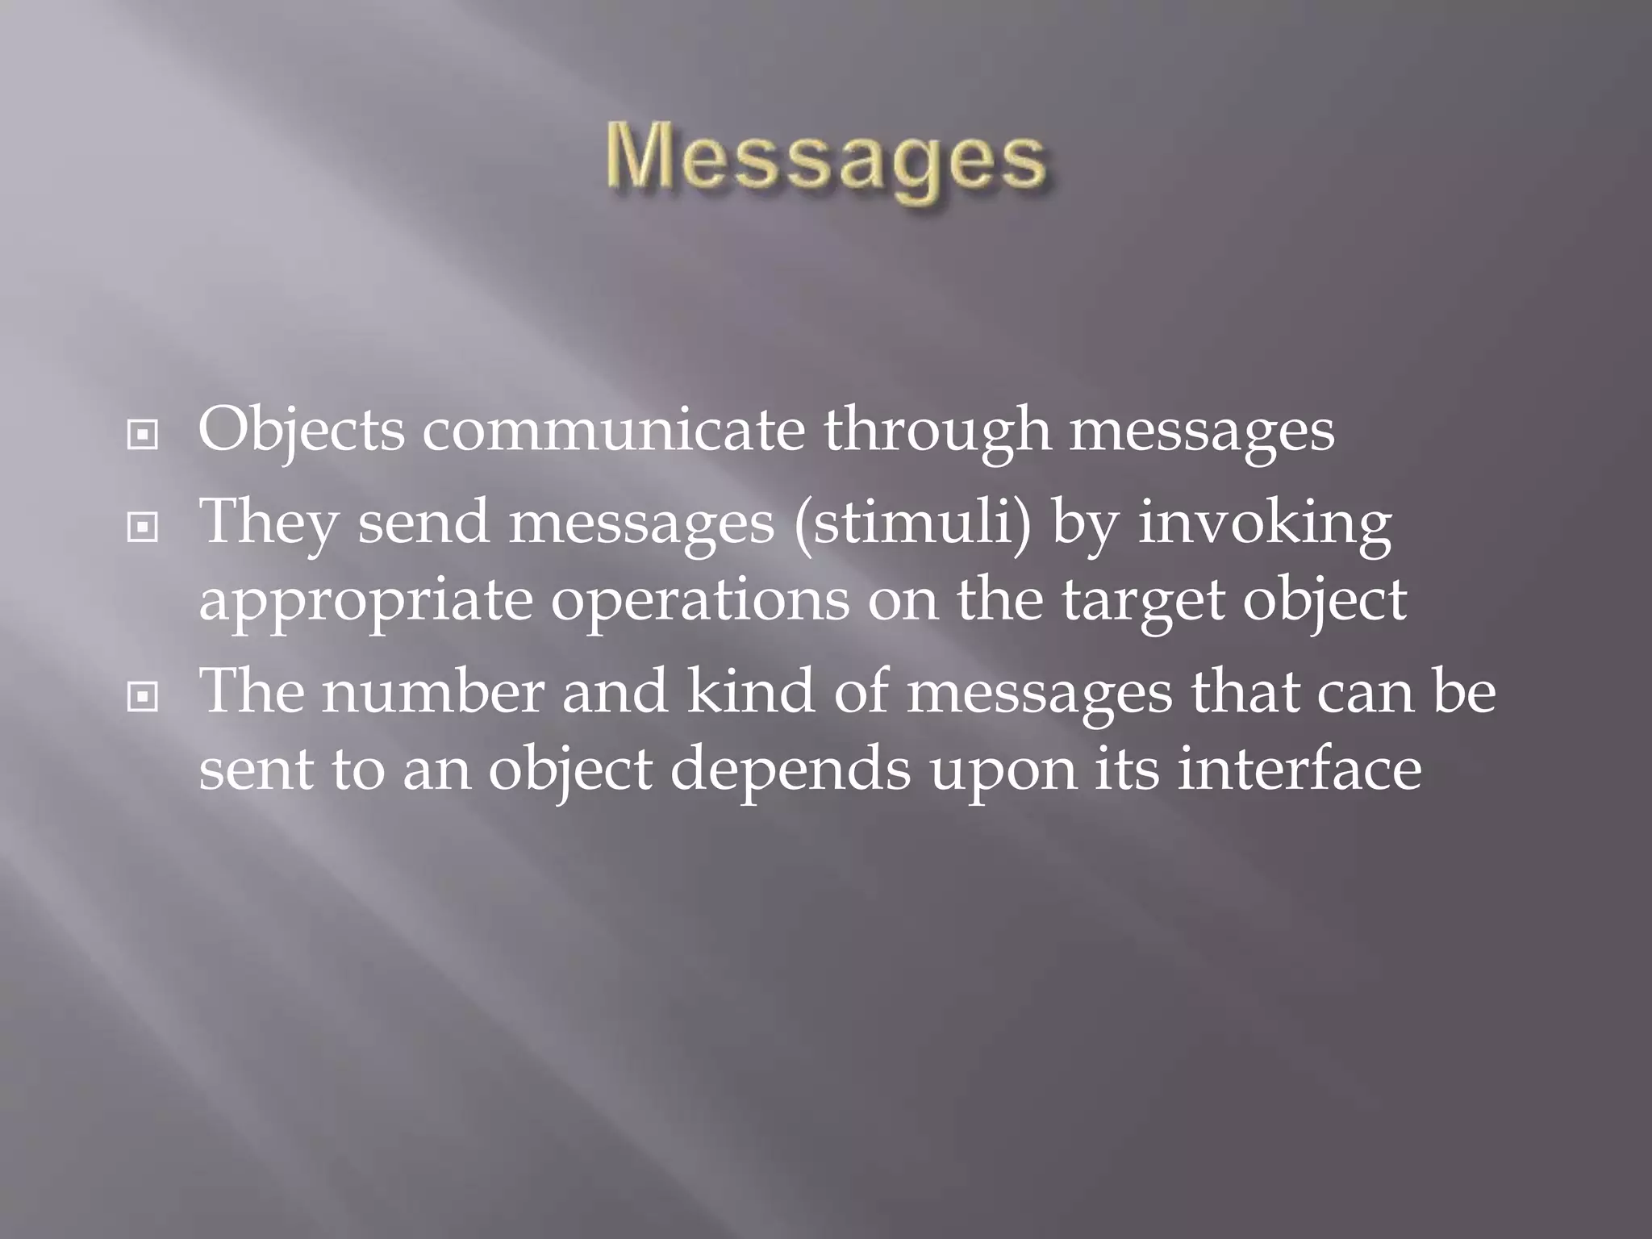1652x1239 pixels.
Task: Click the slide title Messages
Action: (826, 161)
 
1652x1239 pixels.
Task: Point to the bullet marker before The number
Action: (143, 698)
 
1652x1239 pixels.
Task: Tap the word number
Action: (433, 692)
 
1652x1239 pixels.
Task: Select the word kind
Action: (750, 692)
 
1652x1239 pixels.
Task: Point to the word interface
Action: (1299, 770)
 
